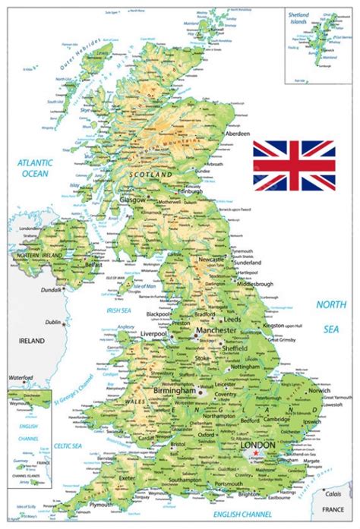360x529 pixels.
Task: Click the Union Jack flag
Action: [x=294, y=165]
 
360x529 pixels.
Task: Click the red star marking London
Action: [x=257, y=454]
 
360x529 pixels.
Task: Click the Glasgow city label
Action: [x=133, y=200]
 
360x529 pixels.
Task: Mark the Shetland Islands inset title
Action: [x=298, y=17]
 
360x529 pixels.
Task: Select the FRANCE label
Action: [x=337, y=509]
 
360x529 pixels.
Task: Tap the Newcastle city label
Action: [x=212, y=260]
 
